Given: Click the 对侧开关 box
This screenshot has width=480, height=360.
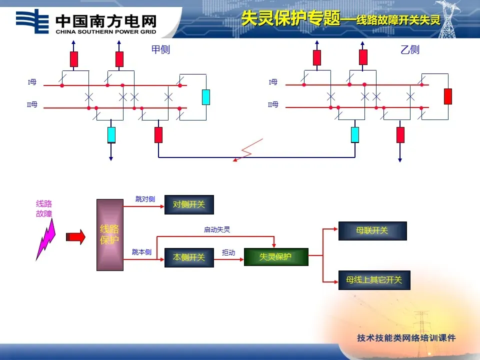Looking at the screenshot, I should click(189, 204).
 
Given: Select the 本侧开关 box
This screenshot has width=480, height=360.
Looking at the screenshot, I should click(189, 257).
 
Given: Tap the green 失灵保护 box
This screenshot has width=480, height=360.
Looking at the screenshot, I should click(276, 257).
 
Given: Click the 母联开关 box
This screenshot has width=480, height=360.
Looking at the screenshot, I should click(372, 230).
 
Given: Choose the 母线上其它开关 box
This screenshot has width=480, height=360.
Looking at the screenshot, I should click(374, 280).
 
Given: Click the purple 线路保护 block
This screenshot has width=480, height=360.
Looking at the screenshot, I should click(109, 234).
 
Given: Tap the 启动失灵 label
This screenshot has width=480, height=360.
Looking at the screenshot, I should click(217, 229).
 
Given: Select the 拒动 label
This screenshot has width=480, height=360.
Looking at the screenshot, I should click(228, 253).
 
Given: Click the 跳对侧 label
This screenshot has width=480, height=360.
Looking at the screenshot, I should click(145, 199).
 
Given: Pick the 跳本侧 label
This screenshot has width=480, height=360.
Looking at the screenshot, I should click(141, 252).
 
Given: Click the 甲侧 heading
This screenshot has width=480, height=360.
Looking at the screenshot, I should click(161, 49).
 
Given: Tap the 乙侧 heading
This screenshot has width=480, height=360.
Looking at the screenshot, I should click(410, 49).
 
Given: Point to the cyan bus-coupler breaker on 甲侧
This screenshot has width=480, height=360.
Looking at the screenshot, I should click(206, 97).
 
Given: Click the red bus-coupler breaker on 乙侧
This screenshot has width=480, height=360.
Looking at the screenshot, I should click(448, 96).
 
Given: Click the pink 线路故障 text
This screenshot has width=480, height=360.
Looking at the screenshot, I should click(44, 208).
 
